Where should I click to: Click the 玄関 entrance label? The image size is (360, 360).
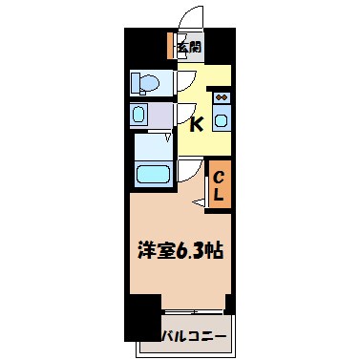188,45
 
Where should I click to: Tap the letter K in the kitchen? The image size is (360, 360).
195,122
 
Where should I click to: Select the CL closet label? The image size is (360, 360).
218,185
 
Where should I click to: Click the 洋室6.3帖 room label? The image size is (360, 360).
180,251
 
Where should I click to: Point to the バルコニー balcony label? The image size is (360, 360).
194,336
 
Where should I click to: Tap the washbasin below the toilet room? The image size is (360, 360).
138,116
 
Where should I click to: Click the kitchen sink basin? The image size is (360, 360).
222,120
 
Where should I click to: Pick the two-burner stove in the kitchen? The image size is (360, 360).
222,96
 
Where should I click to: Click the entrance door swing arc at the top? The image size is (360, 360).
193,16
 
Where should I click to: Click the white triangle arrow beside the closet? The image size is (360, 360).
199,201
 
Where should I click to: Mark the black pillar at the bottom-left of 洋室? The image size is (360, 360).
143,317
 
